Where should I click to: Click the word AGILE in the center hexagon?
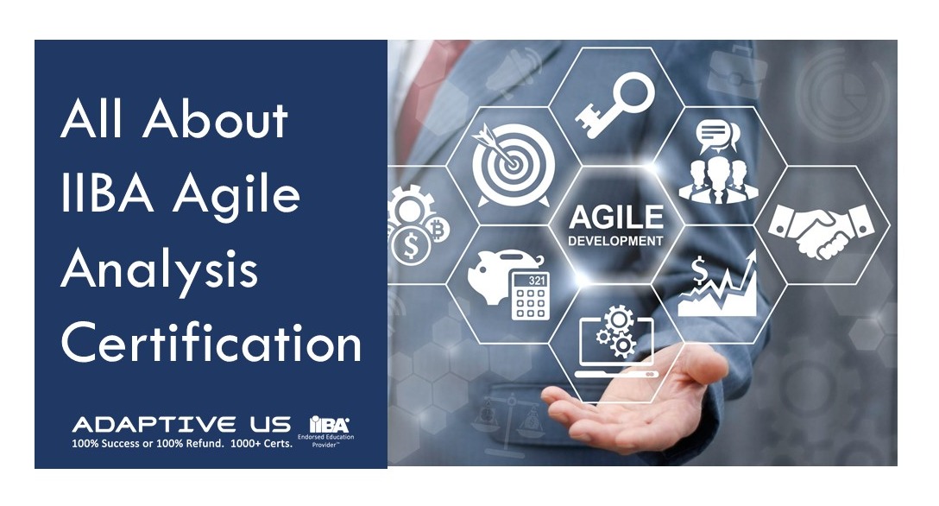[x=616, y=217]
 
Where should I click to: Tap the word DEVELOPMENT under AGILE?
[x=615, y=241]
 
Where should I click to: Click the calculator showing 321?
[x=530, y=296]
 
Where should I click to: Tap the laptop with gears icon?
[x=616, y=342]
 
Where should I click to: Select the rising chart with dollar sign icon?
[x=718, y=283]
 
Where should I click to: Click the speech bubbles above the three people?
[x=718, y=136]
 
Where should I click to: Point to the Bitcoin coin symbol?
[x=438, y=229]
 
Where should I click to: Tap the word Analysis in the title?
[x=160, y=270]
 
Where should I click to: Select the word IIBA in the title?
[x=107, y=194]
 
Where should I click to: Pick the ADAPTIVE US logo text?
[x=181, y=425]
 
